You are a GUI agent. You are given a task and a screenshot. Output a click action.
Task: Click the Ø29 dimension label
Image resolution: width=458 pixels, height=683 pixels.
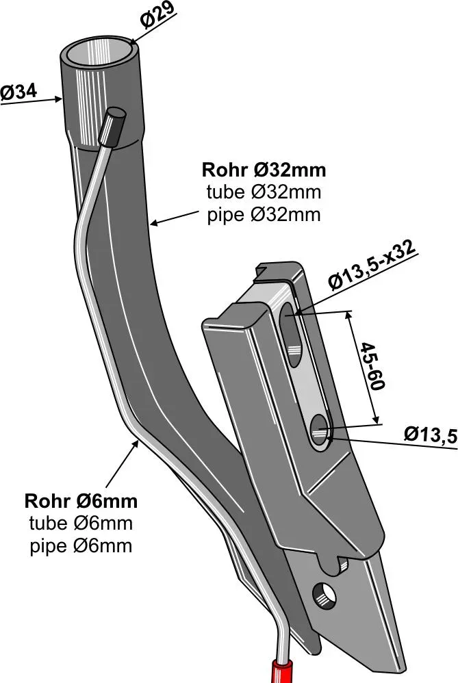[x=158, y=16]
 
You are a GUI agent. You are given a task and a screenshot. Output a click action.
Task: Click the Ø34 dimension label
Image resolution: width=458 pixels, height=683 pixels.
[x=18, y=92]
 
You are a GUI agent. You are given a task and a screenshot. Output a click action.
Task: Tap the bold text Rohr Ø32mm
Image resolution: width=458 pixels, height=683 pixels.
[x=264, y=169]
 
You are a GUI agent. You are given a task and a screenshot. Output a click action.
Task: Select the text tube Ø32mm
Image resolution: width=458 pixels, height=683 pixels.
[x=264, y=192]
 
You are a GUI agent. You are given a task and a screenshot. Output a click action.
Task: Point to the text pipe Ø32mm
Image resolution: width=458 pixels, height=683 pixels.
[x=264, y=214]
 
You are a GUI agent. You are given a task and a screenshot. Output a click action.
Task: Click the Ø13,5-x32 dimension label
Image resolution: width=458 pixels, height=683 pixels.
[x=372, y=268]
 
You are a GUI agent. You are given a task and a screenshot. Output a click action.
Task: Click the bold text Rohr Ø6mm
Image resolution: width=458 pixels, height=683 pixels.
[x=81, y=501]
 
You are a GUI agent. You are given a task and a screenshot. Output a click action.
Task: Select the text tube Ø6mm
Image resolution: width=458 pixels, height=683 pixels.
[x=81, y=524]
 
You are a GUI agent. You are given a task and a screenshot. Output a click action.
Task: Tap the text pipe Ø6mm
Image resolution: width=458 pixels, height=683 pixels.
[x=81, y=546]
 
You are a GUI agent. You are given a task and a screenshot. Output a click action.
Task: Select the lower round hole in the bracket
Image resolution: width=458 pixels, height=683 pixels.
[x=319, y=431]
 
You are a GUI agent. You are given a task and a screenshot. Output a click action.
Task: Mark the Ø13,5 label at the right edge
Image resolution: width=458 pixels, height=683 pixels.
[x=430, y=435]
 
